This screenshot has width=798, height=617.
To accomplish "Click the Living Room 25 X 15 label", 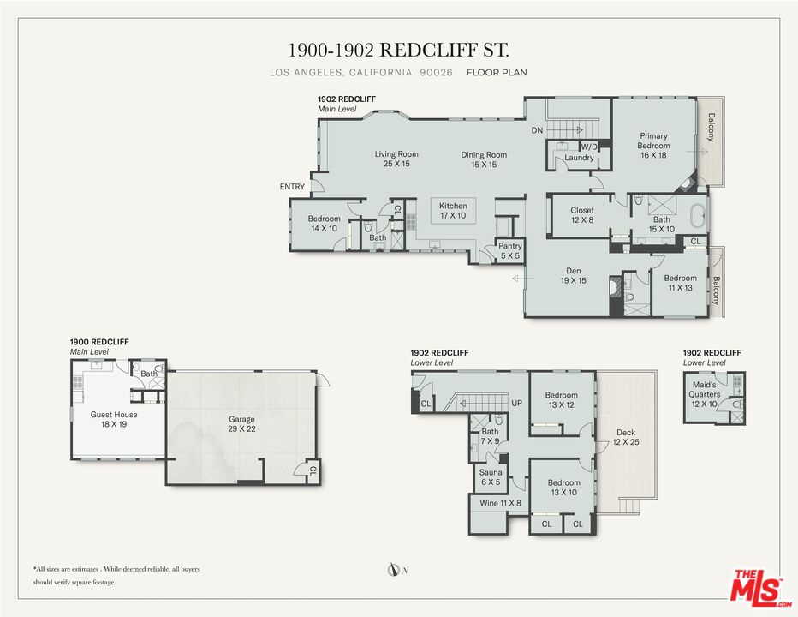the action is point(396,159).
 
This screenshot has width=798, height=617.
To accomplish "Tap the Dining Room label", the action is point(484,155).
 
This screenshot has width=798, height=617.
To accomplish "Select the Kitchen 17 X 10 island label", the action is point(453,211).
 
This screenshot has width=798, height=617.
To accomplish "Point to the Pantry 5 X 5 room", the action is point(510,251).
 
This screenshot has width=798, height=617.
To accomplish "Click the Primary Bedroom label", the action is point(653,141).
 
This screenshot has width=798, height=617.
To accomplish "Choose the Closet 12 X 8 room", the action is point(581,215).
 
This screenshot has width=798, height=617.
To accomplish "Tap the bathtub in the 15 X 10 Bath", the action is point(697,217).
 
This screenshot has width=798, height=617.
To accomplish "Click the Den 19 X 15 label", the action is point(574,276).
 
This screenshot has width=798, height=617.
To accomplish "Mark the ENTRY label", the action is point(292,187).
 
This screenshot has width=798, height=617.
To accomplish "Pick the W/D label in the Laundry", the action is point(589,147).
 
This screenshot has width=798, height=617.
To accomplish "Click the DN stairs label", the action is point(538,130).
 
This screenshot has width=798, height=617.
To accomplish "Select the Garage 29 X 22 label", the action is point(241,424).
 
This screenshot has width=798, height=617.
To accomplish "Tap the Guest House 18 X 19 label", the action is point(114,419).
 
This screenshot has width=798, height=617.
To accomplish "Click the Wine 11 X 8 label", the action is point(501,503).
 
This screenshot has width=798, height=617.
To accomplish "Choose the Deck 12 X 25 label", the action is point(626,437).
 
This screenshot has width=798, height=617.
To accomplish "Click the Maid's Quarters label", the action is point(705,390).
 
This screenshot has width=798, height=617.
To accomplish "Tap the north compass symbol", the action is point(392,569).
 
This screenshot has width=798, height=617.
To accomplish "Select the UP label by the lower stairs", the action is point(516,403).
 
